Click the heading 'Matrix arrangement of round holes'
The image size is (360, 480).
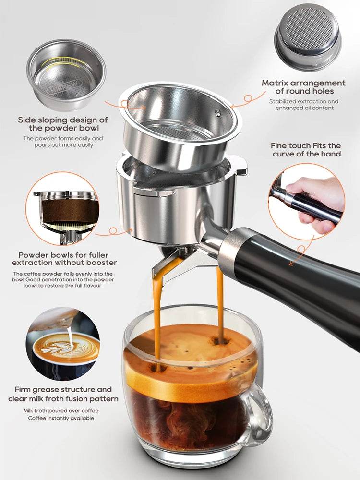pos(303,87)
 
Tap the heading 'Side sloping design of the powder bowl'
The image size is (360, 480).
pos(63,124)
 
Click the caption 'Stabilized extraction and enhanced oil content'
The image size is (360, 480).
pos(303,105)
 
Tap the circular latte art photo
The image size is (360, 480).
pos(63,343)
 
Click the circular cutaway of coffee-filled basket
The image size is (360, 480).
pos(63,209)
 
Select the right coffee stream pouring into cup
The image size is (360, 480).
pos(220,302)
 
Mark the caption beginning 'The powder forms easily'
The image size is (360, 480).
pos(63,142)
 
